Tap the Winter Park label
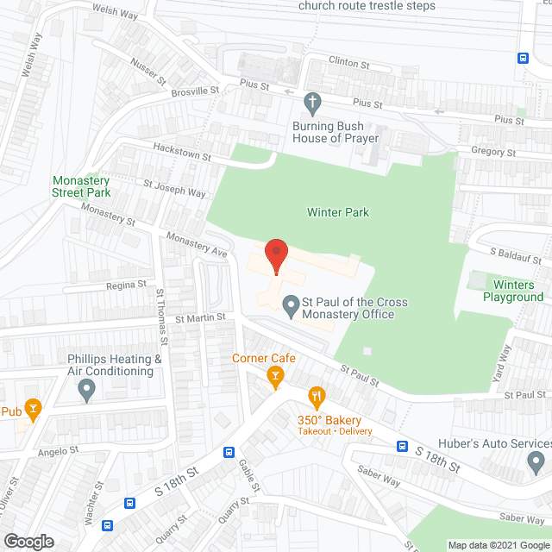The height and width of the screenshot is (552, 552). click(338, 212)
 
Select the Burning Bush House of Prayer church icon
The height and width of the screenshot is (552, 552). click(313, 103)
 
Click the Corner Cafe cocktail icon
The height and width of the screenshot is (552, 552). click(275, 374)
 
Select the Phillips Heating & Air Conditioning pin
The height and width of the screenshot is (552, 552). click(86, 391)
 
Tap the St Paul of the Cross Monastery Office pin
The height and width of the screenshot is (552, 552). click(289, 303)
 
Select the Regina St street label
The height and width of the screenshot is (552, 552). click(126, 285)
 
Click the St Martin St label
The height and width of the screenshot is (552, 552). click(200, 317)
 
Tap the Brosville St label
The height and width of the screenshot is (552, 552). click(195, 89)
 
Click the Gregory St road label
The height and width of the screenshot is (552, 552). click(493, 152)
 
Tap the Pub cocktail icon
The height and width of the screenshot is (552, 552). click(33, 409)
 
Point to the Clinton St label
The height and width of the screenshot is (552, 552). click(349, 62)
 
